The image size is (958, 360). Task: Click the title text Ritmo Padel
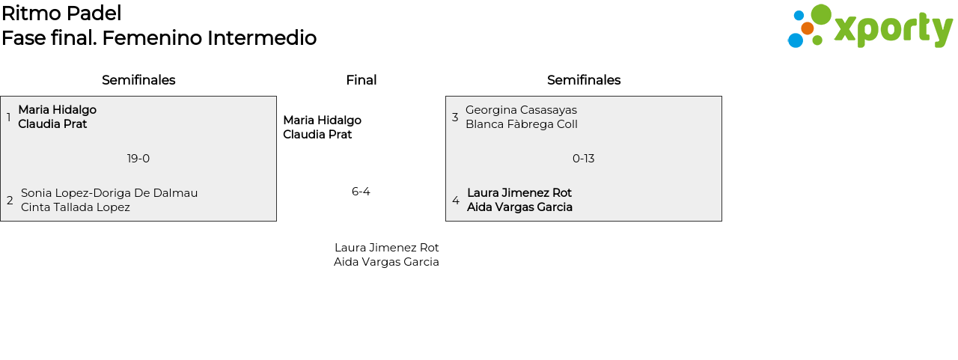61,13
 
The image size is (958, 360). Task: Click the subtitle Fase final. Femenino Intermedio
159,38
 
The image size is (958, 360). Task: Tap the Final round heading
361,80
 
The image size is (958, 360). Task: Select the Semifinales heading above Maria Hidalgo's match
138,80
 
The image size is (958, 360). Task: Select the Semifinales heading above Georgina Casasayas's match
584,80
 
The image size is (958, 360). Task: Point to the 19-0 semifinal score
138,159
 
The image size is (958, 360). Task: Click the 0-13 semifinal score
583,159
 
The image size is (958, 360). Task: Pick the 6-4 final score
361,192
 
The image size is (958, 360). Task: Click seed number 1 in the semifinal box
8,118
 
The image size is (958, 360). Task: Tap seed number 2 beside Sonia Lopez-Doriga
10,200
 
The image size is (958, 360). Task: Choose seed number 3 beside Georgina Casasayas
455,118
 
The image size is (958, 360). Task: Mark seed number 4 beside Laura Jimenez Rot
456,200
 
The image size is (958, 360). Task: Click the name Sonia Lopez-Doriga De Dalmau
109,193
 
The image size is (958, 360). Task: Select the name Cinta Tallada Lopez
76,207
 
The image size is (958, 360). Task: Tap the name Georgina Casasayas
522,110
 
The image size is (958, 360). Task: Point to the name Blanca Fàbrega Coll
522,124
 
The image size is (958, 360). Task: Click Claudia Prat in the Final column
317,135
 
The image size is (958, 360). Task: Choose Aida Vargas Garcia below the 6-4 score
386,262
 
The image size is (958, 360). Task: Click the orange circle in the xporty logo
808,28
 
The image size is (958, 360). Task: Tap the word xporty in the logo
894,29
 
